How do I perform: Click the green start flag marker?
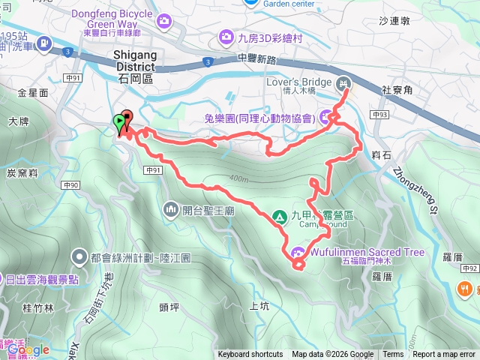click(118, 122)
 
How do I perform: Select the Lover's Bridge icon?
click(343, 82)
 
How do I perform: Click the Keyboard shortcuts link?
click(250, 355)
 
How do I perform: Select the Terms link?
click(393, 355)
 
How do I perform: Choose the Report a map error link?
click(445, 355)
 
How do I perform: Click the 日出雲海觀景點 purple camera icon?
click(3, 280)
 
